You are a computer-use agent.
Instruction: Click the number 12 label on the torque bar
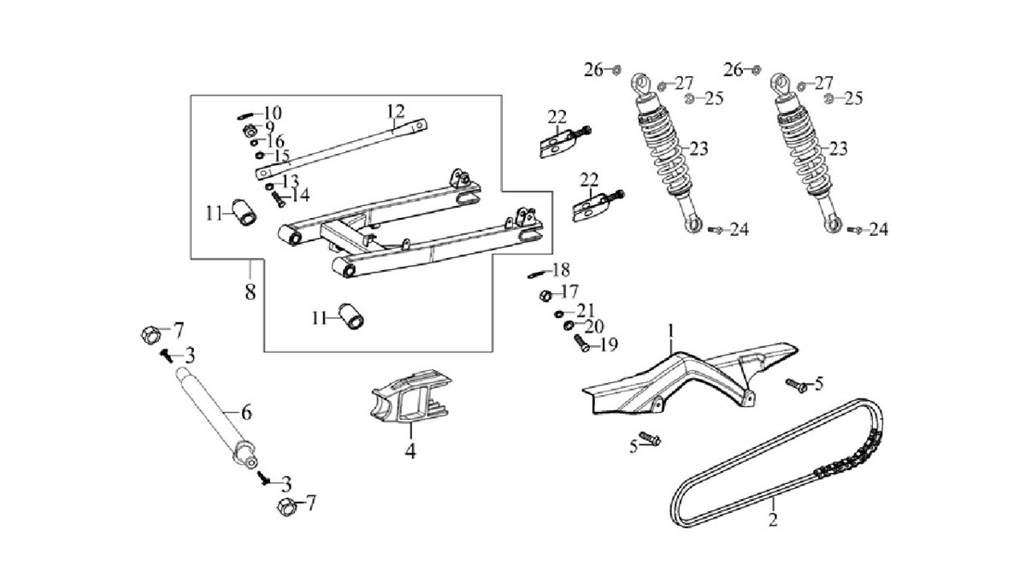pyautogui.click(x=394, y=111)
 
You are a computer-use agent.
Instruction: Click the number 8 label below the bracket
pyautogui.click(x=250, y=291)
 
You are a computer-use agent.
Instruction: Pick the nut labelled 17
pyautogui.click(x=545, y=296)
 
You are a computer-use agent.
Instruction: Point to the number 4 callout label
pyautogui.click(x=410, y=451)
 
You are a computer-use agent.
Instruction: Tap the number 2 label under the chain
pyautogui.click(x=773, y=520)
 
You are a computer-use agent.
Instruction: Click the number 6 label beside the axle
pyautogui.click(x=246, y=413)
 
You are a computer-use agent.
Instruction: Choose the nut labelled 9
pyautogui.click(x=247, y=130)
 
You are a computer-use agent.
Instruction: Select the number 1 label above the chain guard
pyautogui.click(x=672, y=329)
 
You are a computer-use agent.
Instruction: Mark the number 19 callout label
pyautogui.click(x=608, y=345)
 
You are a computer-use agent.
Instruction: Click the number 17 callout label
pyautogui.click(x=569, y=291)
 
